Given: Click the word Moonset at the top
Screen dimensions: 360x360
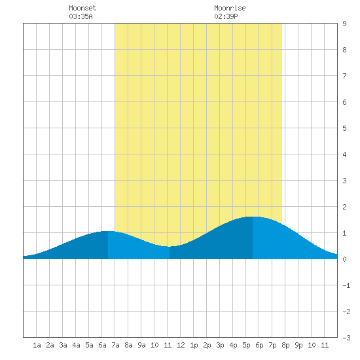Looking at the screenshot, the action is [82, 8].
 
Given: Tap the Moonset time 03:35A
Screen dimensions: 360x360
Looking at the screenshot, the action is [81, 16].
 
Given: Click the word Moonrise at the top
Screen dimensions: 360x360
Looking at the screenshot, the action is [230, 8].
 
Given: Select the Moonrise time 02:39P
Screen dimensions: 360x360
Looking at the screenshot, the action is [226, 16].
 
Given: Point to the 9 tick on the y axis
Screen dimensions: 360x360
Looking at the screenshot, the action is [344, 24].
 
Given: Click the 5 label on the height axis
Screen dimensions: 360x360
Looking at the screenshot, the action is [344, 128].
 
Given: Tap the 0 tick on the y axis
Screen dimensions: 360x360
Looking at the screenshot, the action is [344, 259].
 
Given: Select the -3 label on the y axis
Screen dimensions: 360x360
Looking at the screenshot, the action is [346, 338].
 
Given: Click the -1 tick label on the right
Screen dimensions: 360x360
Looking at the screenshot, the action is [346, 285].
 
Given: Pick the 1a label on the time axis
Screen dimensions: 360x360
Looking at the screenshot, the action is [37, 345].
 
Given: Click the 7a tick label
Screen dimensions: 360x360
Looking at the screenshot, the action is [115, 345].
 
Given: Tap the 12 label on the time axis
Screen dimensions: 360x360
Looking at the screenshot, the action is [181, 345].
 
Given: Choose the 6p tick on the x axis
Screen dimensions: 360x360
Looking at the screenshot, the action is [259, 345].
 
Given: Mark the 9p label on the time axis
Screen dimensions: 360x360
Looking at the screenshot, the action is [298, 345].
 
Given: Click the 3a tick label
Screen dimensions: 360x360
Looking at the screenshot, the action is [63, 345].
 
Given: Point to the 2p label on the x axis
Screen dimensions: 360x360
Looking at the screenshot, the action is [207, 345].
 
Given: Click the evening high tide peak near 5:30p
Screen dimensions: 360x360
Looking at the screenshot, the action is [253, 217].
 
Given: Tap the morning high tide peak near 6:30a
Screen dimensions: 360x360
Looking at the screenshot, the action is [108, 231].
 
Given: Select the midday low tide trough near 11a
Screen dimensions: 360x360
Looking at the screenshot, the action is [170, 246].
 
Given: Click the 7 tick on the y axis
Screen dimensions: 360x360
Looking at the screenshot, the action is [344, 76].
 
